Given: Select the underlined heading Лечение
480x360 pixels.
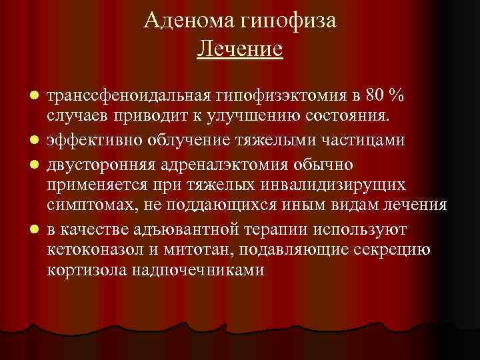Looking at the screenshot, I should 240,49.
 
